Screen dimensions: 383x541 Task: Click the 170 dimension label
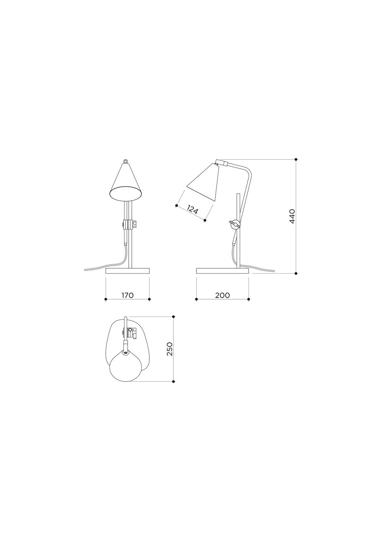128,295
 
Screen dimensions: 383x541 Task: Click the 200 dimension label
223,295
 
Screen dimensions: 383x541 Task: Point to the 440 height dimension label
292,217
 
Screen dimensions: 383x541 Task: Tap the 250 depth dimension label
170,349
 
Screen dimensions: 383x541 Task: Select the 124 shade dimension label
193,210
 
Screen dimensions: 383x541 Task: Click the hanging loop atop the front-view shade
126,161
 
